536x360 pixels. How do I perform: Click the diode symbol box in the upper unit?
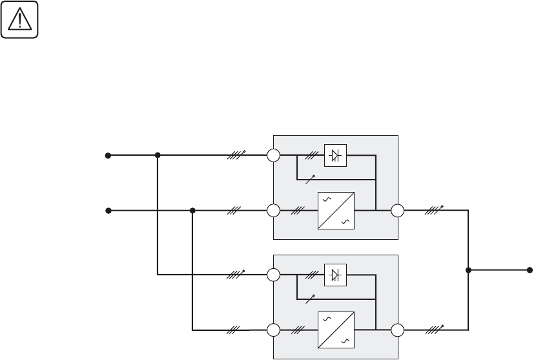(335, 156)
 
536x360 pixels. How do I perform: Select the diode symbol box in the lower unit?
(335, 275)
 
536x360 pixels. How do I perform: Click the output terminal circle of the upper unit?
(397, 211)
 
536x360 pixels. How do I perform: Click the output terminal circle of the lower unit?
(397, 330)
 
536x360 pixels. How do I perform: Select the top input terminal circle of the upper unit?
(274, 156)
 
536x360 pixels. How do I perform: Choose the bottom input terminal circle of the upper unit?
(274, 211)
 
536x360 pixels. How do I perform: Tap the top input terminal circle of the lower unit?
(274, 275)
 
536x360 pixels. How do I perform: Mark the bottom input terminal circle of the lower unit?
(274, 330)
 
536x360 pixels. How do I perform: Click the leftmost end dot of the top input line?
(108, 156)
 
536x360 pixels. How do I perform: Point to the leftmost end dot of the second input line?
(108, 211)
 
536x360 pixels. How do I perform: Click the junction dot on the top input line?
(158, 156)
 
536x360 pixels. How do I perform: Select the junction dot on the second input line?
(192, 211)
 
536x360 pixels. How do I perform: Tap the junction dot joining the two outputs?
(468, 270)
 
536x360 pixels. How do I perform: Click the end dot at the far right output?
(530, 270)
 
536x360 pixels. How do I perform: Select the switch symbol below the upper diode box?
(311, 178)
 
